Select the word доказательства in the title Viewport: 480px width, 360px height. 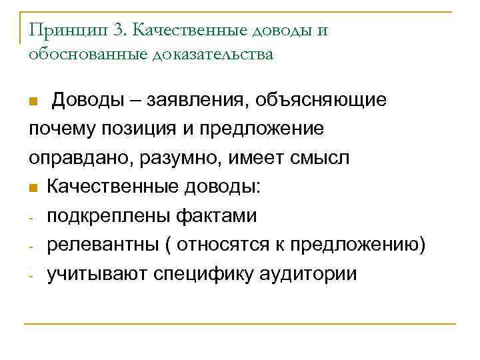(x=213, y=55)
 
